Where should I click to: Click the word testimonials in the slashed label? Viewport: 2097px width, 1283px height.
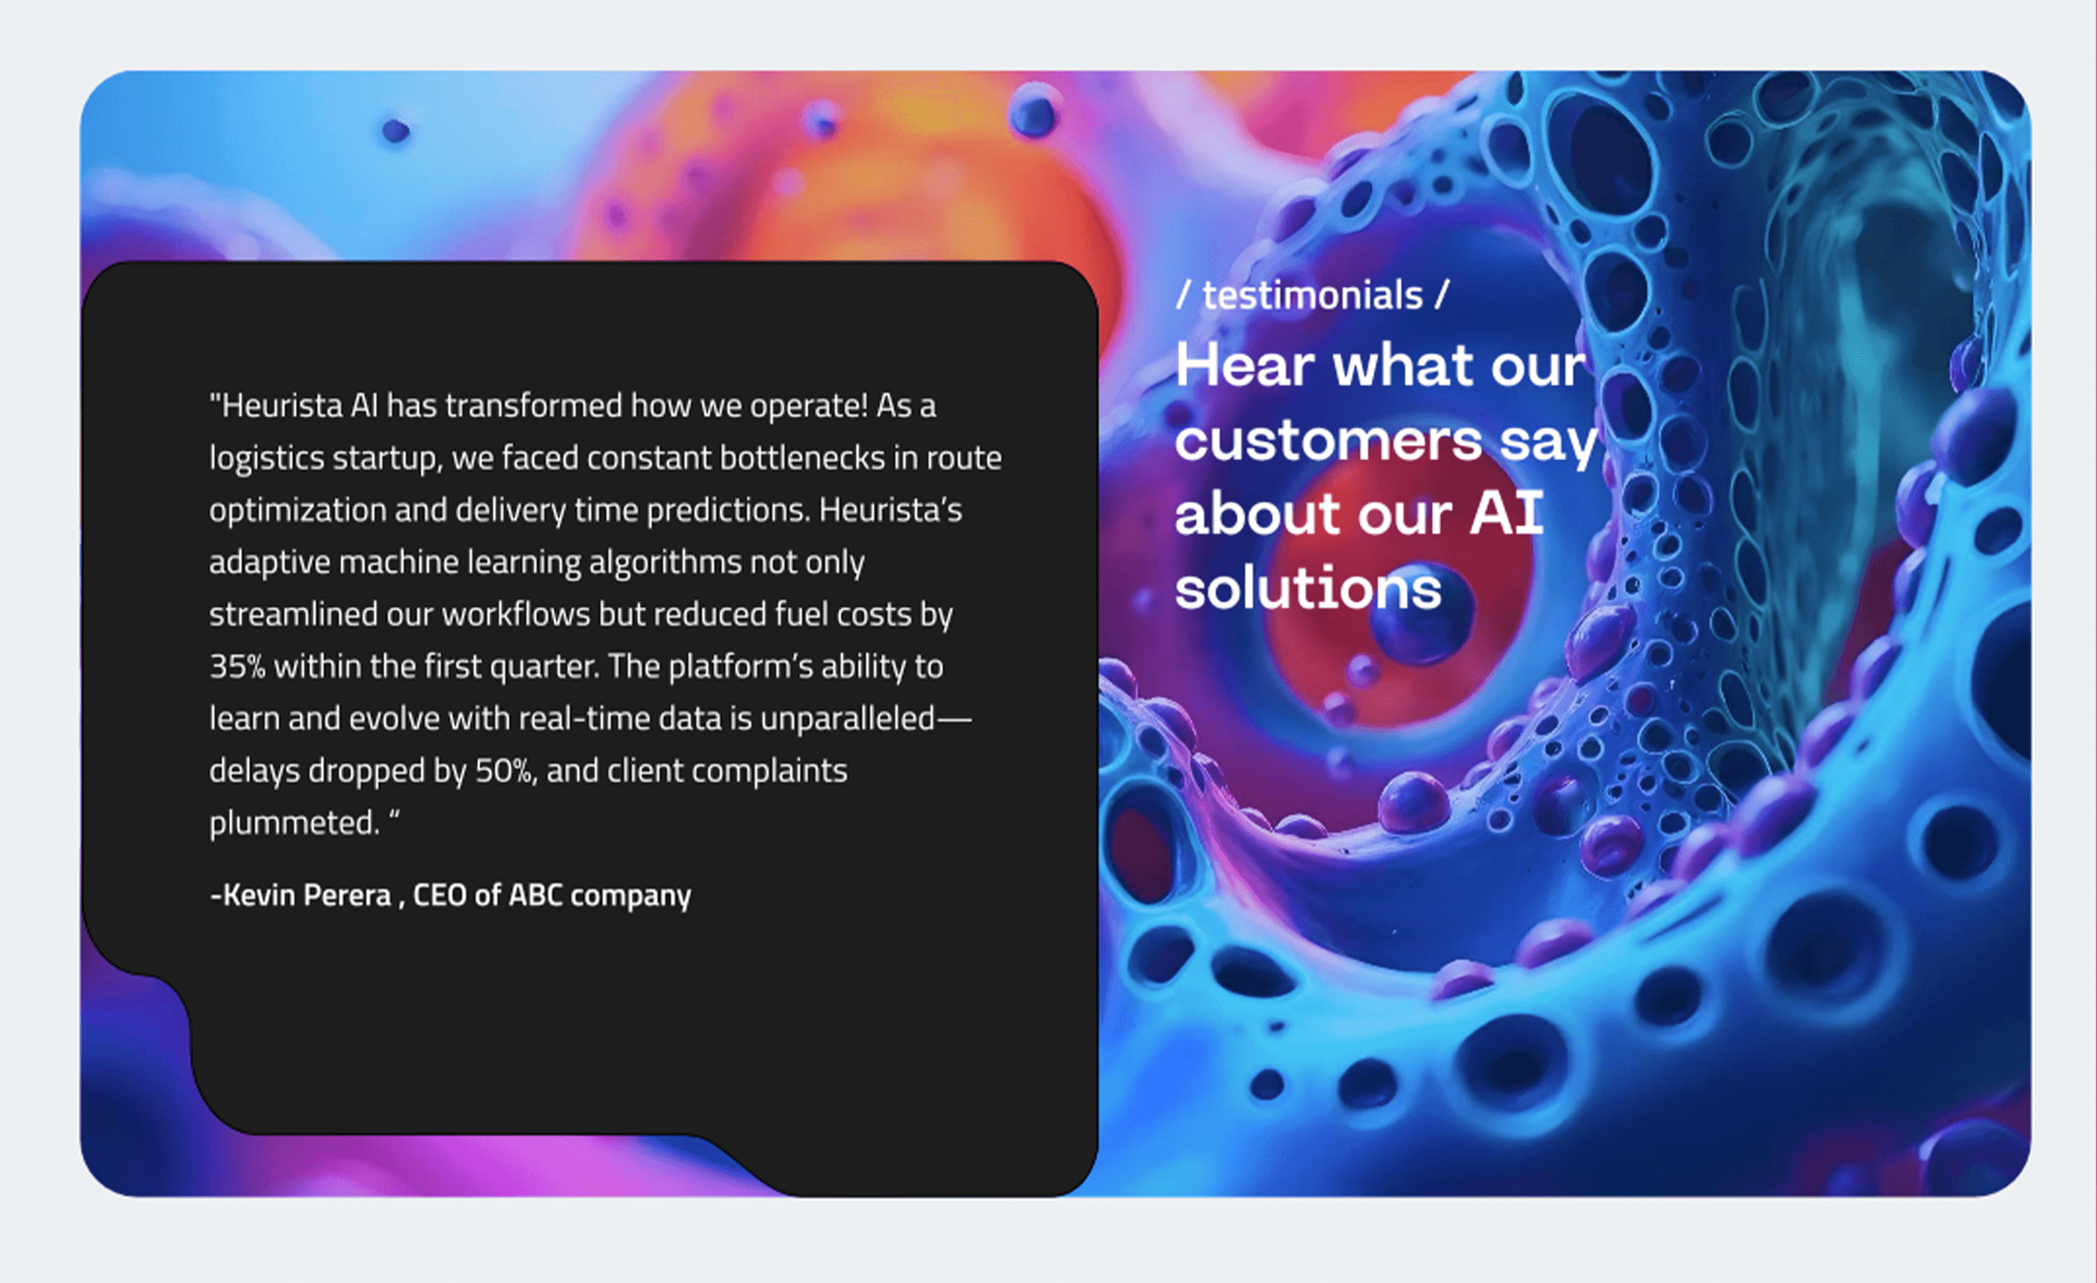(x=1312, y=295)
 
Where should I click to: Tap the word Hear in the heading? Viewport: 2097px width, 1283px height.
(x=1246, y=365)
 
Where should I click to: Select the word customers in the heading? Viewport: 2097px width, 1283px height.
(x=1329, y=440)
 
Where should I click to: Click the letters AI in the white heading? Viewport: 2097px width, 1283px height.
(x=1506, y=513)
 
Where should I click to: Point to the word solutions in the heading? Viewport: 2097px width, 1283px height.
(x=1308, y=588)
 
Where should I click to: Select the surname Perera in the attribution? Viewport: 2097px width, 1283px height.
(x=348, y=895)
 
